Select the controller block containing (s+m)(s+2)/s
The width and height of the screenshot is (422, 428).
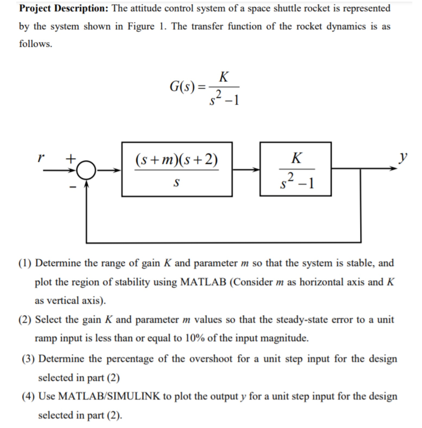point(176,169)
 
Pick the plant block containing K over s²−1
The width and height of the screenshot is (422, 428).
point(295,169)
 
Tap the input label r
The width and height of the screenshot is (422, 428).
point(40,158)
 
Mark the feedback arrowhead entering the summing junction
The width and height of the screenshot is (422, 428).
point(86,183)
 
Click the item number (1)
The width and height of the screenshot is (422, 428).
point(26,263)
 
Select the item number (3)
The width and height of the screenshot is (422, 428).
point(29,359)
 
